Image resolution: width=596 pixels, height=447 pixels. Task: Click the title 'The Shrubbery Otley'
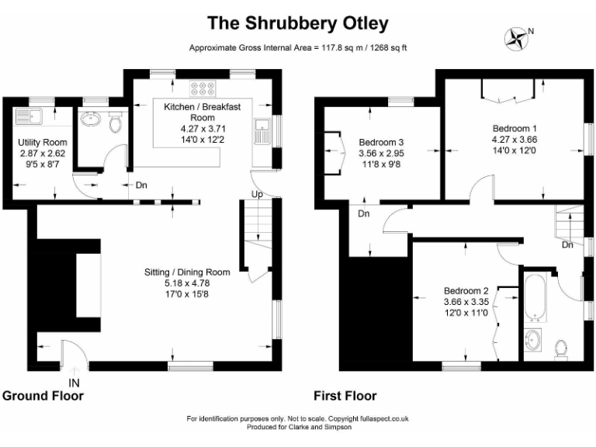pos(298,23)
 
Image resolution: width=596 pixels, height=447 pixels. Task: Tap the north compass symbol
pos(515,37)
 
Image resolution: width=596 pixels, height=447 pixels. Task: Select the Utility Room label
pos(43,154)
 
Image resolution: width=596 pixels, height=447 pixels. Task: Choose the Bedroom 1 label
pos(514,139)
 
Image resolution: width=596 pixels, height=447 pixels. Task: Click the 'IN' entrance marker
pos(74,383)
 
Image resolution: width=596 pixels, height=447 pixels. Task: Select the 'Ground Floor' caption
pos(43,396)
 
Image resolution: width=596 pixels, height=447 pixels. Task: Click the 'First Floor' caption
pos(345,396)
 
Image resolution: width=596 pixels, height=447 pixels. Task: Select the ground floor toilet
pos(116,123)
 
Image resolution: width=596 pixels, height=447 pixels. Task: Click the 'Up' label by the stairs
pos(257,193)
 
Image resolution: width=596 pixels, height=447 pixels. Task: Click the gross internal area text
pos(298,48)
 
